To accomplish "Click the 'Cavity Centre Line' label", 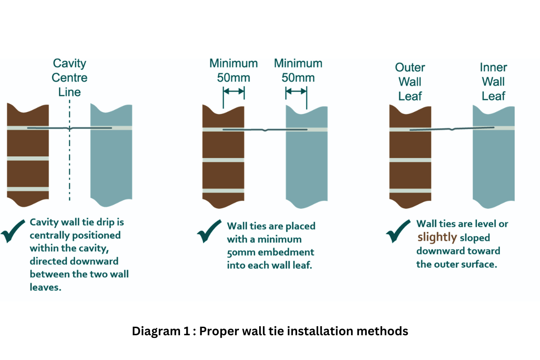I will (69, 77).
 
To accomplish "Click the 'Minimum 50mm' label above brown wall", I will (234, 70).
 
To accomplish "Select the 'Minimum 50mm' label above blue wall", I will (298, 70).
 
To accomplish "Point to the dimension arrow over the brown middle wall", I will (234, 91).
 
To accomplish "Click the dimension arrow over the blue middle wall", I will (296, 91).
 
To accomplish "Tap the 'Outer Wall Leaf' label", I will (410, 82).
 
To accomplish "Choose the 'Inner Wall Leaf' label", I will (493, 82).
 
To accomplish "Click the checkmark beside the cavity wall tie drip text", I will (14, 231).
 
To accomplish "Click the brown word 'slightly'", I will (437, 237).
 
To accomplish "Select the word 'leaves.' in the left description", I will (45, 288).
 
